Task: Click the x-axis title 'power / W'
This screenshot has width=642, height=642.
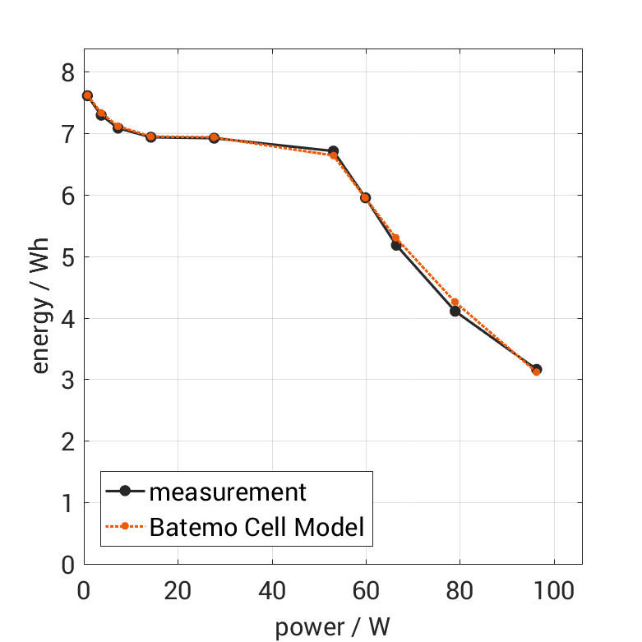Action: pyautogui.click(x=332, y=627)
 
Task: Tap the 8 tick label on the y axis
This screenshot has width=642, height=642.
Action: pyautogui.click(x=67, y=72)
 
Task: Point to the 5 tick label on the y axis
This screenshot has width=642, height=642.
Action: pyautogui.click(x=67, y=257)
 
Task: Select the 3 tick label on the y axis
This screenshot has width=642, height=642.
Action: pyautogui.click(x=67, y=380)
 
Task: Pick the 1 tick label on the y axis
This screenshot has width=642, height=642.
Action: pyautogui.click(x=67, y=503)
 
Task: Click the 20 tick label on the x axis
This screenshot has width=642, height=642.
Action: pyautogui.click(x=178, y=591)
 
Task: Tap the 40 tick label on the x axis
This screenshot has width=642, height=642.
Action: pyautogui.click(x=271, y=591)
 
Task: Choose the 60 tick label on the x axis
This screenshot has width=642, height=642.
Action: pyautogui.click(x=366, y=591)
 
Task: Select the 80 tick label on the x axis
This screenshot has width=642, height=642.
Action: pyautogui.click(x=460, y=591)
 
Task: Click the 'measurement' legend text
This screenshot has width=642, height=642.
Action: pyautogui.click(x=228, y=492)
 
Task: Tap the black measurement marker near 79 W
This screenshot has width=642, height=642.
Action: pyautogui.click(x=455, y=311)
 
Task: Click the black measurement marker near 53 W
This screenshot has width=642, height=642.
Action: pyautogui.click(x=333, y=151)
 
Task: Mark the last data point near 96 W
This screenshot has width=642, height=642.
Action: pyautogui.click(x=536, y=370)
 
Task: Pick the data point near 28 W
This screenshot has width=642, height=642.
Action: pyautogui.click(x=215, y=138)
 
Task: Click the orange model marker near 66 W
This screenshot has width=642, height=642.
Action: pyautogui.click(x=395, y=238)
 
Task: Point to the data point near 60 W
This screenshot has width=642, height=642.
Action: pyautogui.click(x=365, y=198)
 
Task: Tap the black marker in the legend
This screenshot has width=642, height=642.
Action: pyautogui.click(x=125, y=492)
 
